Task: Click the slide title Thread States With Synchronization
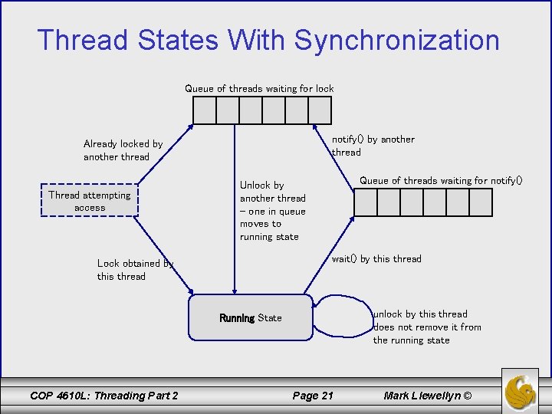[x=268, y=40]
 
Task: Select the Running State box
[x=251, y=317]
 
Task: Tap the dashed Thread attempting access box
[x=90, y=201]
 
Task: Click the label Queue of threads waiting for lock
[x=259, y=89]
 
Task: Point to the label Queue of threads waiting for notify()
[x=441, y=181]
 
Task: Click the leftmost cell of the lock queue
[x=205, y=110]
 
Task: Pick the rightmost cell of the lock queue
[x=320, y=110]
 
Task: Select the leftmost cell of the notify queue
[x=366, y=202]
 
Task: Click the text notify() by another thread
[x=373, y=146]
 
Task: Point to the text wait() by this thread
[x=376, y=259]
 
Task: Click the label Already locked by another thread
[x=123, y=150]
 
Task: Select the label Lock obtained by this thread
[x=135, y=270]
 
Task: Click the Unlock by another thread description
[x=272, y=211]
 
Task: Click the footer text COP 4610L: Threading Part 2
[x=103, y=396]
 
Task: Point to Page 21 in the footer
[x=313, y=396]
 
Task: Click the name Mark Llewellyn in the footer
[x=428, y=396]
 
